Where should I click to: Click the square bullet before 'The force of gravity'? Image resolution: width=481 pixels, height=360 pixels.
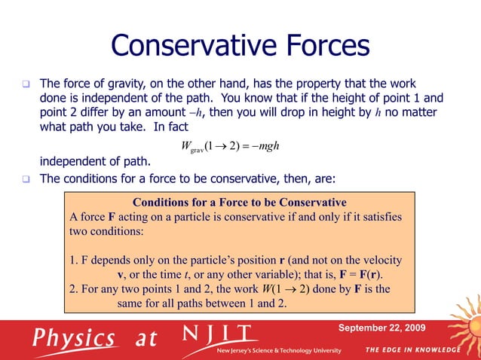click(x=25, y=83)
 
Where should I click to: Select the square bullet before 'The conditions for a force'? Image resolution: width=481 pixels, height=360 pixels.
click(x=25, y=179)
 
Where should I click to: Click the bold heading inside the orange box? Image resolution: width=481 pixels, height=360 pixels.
click(x=240, y=203)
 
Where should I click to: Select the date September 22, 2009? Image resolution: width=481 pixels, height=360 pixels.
click(x=381, y=328)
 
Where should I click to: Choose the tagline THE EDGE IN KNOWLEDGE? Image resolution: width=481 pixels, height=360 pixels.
click(x=412, y=350)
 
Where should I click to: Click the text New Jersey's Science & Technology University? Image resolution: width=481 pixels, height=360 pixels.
click(x=278, y=351)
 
